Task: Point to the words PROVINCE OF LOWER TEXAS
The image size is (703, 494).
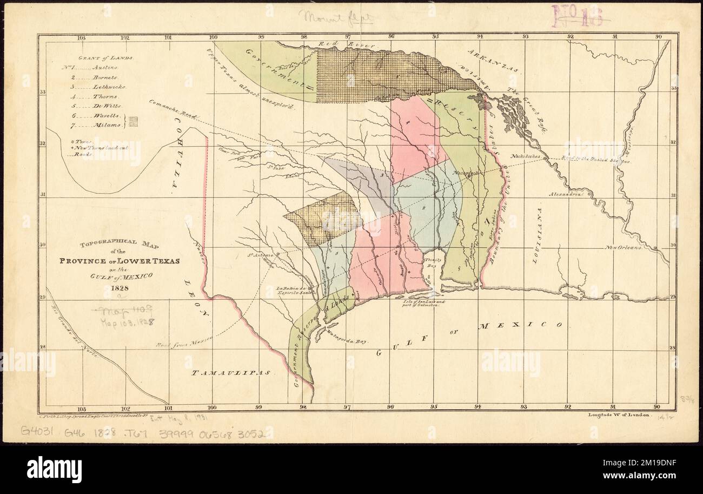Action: (x=128, y=261)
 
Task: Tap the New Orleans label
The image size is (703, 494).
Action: (x=623, y=248)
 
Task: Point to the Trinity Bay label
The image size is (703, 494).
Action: (x=432, y=262)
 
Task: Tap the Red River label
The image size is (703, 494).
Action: (x=335, y=45)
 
